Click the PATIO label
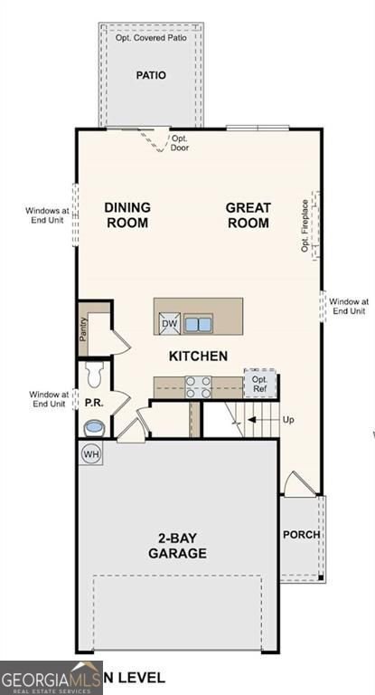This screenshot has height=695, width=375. [151, 75]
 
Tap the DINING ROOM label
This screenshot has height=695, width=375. [127, 214]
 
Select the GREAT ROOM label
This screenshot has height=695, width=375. [248, 214]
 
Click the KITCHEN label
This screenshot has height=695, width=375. [198, 356]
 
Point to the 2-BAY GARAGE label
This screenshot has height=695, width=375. [178, 545]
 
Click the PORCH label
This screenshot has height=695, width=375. [301, 534]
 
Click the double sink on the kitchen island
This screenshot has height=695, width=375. [199, 323]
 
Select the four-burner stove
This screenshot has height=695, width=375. [198, 386]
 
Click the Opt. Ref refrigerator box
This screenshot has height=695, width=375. [259, 384]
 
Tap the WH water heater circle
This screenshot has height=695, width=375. [91, 453]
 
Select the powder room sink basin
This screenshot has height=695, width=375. [93, 426]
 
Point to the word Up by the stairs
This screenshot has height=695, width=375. [289, 420]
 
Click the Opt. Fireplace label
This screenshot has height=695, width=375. [306, 225]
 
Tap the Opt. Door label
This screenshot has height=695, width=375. [180, 143]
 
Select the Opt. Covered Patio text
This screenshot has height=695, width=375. [151, 39]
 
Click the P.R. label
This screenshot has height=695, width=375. [93, 401]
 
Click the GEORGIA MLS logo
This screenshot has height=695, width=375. [51, 678]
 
